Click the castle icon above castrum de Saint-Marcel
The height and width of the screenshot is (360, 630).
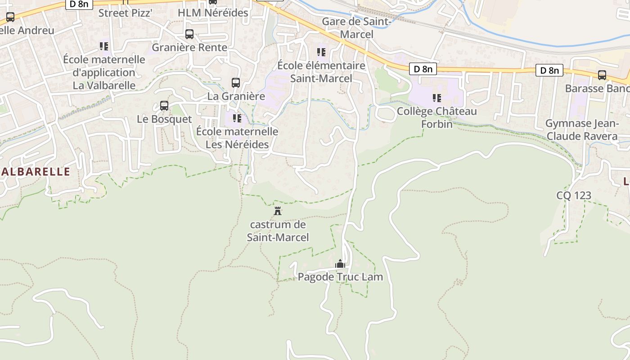(x=278, y=211)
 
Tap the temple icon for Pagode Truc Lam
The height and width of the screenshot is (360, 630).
(x=340, y=263)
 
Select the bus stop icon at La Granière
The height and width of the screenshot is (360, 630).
(x=236, y=83)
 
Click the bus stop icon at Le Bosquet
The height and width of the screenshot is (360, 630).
(x=164, y=106)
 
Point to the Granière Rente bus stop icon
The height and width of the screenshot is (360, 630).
(x=189, y=34)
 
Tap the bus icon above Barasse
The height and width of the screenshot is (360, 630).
(x=602, y=75)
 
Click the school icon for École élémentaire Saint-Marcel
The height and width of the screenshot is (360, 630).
(x=321, y=52)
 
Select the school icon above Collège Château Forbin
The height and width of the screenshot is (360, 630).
(x=436, y=98)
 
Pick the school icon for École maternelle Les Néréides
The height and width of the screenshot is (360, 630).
(x=237, y=118)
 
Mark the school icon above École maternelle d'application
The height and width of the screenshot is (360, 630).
(x=104, y=46)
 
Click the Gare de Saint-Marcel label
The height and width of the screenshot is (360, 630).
(x=357, y=28)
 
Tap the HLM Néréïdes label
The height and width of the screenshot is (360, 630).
(x=213, y=13)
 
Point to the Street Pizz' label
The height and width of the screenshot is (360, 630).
(x=126, y=13)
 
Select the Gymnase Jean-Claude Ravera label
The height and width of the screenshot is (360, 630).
(x=582, y=130)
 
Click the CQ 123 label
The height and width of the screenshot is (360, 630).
(x=574, y=195)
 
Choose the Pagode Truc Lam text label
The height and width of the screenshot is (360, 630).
(x=340, y=277)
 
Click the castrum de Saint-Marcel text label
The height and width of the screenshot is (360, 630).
(x=278, y=231)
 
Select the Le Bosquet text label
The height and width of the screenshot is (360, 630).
(x=164, y=119)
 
